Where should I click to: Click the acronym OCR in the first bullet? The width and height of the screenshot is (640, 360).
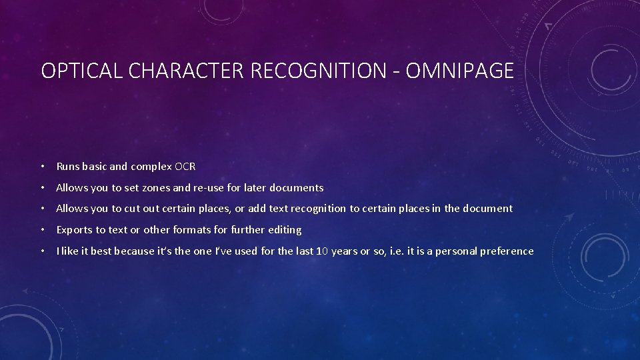pos(185,166)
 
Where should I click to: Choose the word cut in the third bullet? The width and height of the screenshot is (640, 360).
pos(132,209)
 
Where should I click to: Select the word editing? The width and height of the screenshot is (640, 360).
pos(284,230)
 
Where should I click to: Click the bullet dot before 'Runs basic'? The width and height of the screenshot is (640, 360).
pos(42,166)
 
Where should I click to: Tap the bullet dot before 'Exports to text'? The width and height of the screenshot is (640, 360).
pos(42,230)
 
